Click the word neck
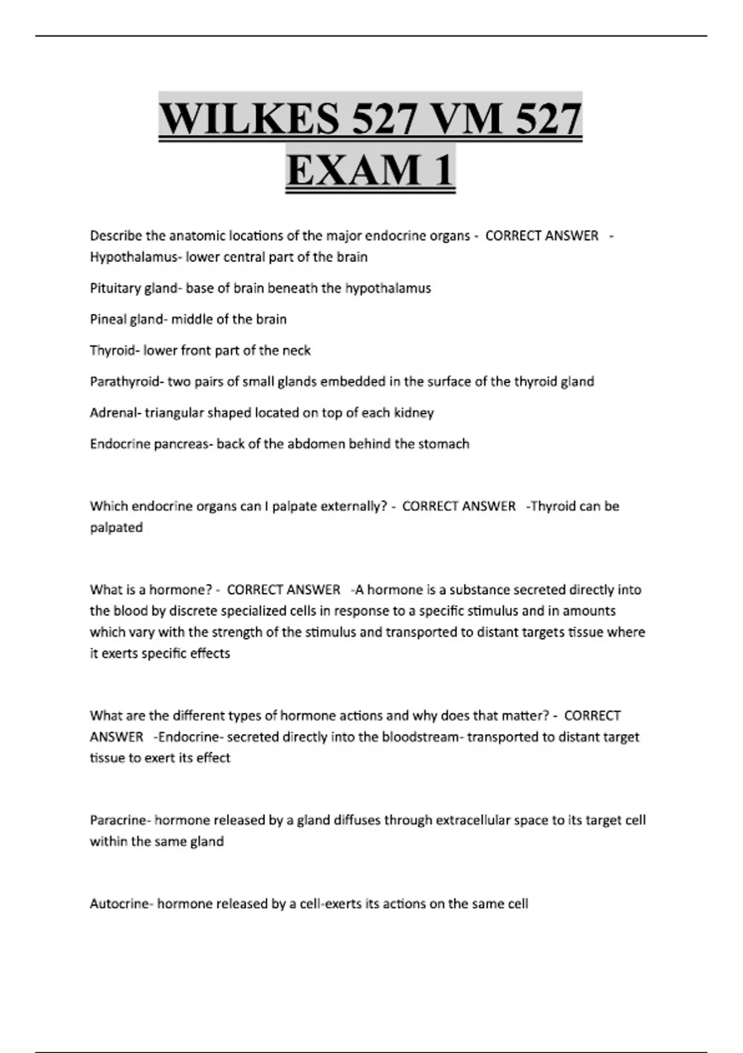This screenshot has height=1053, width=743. click(297, 351)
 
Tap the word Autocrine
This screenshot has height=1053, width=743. click(120, 904)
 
